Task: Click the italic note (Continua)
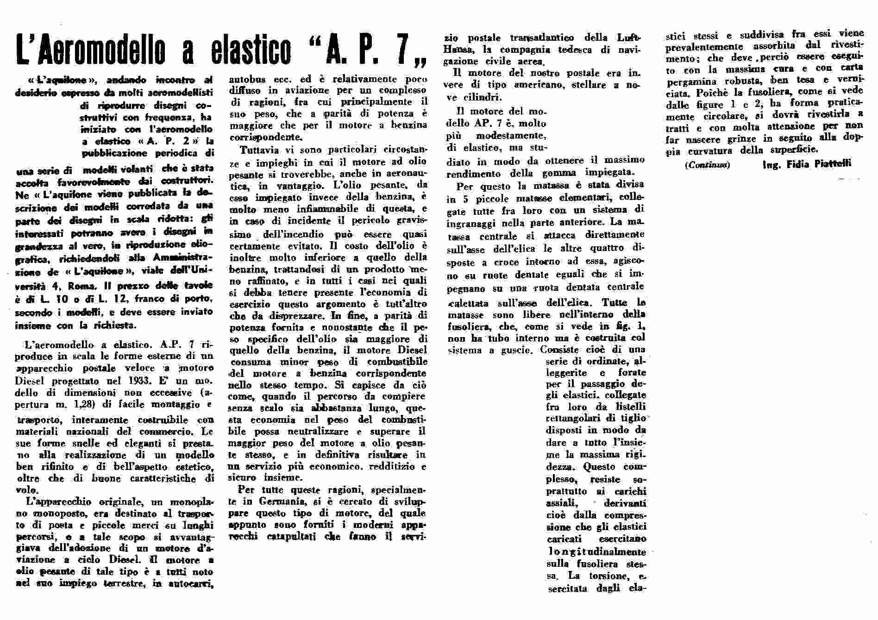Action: point(708,165)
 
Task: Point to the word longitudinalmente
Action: point(596,552)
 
